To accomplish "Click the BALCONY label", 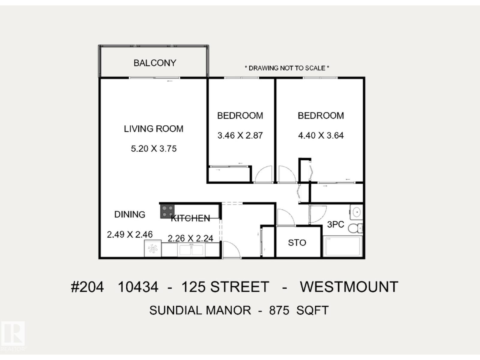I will [x=155, y=63].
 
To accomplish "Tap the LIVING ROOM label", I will [x=154, y=129].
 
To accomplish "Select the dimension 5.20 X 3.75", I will [x=154, y=149].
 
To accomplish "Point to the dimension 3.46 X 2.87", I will [x=240, y=136].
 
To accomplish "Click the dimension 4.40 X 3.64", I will [x=321, y=136].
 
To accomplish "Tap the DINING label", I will [x=130, y=214].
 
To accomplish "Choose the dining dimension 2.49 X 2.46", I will [x=130, y=235].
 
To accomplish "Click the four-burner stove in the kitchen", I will [x=167, y=211].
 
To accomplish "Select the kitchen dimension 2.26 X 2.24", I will [x=190, y=238].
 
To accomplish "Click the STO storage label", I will [x=297, y=243].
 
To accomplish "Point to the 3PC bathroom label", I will [x=335, y=224].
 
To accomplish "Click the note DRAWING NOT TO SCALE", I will [x=287, y=68].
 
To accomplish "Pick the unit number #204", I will [x=87, y=287].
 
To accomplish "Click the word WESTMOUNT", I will [x=349, y=287].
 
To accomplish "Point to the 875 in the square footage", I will [x=279, y=310].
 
